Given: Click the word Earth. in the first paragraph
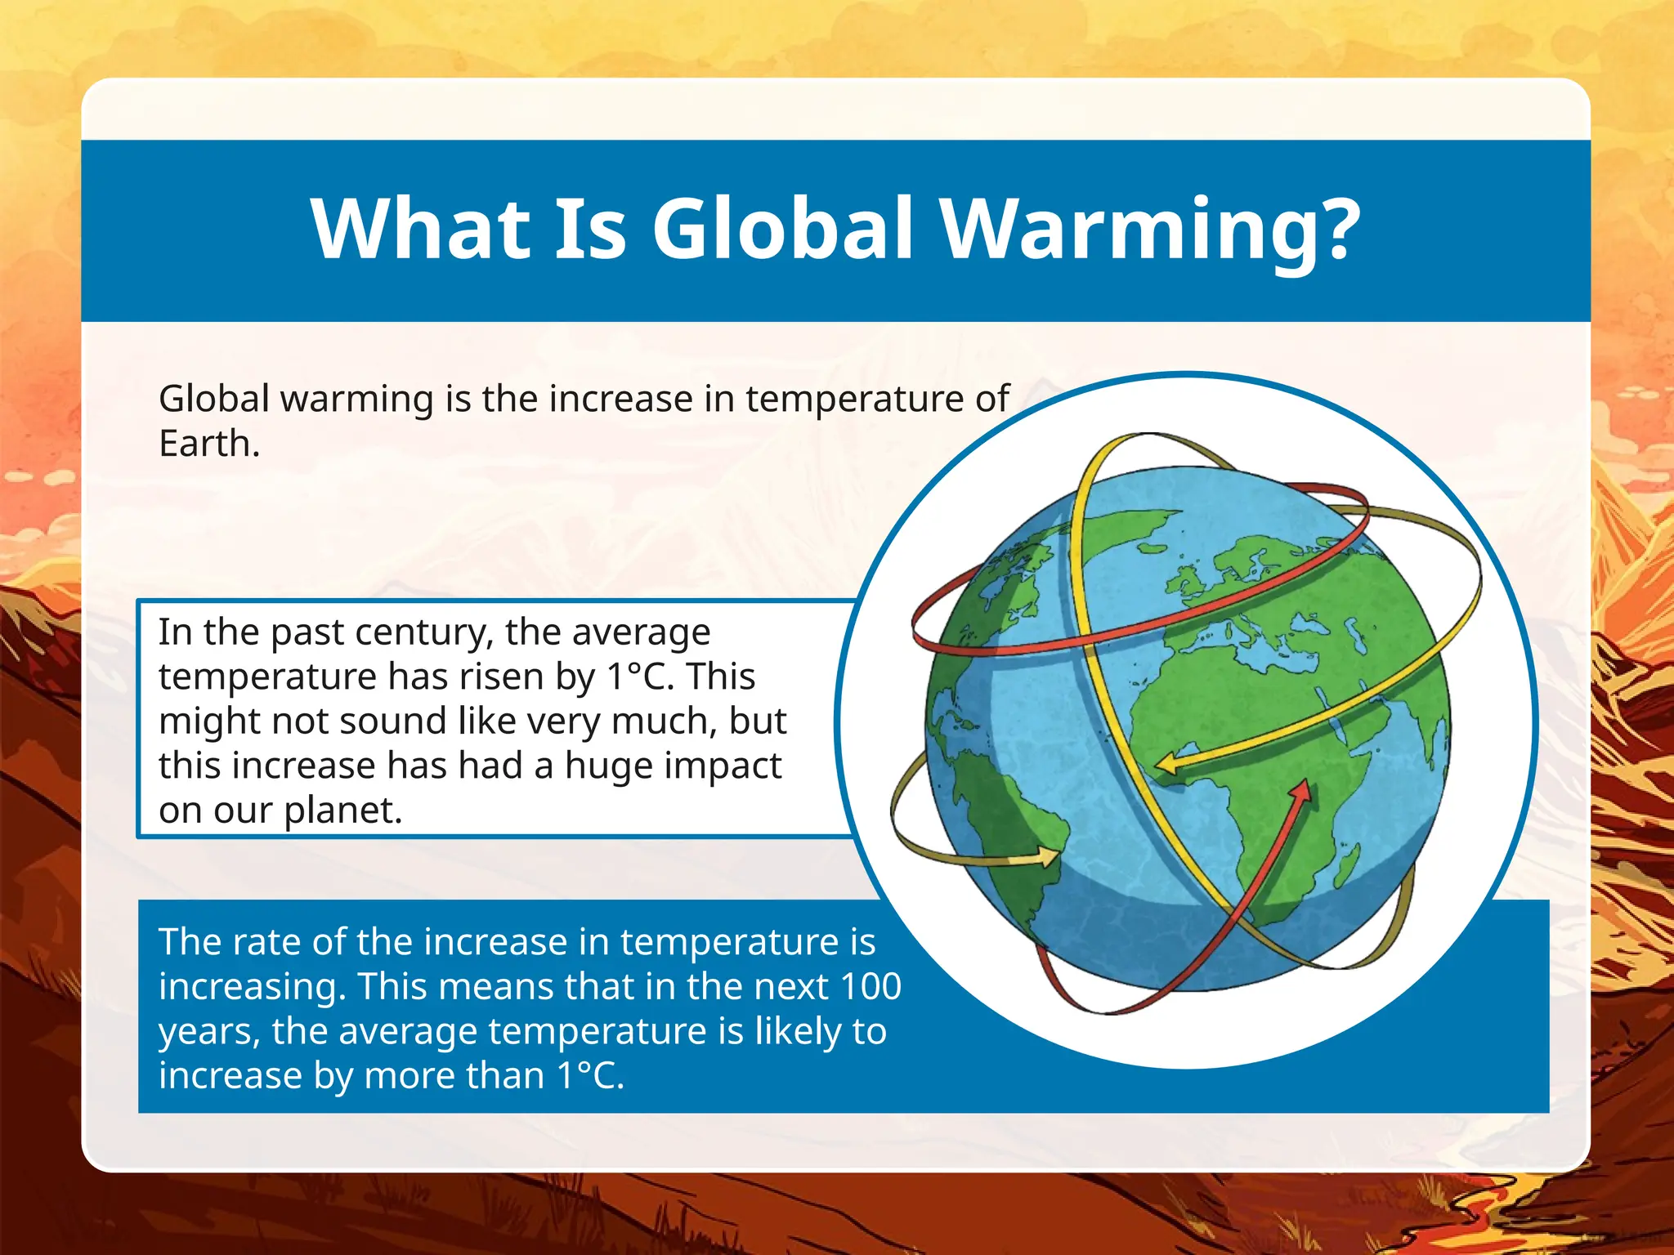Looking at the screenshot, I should click(x=209, y=444).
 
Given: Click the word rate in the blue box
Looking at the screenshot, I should click(x=260, y=942).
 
